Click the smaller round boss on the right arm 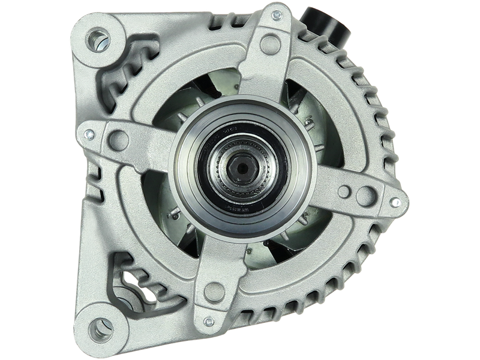tap(344, 191)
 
